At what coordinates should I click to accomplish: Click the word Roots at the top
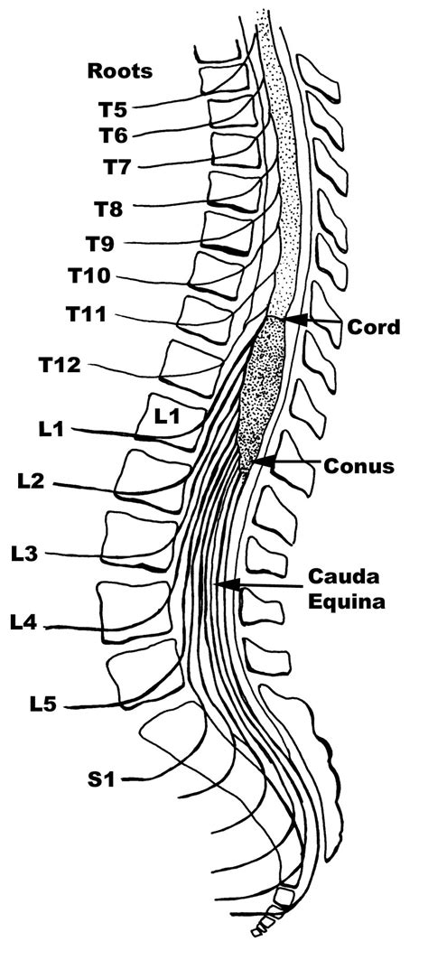pos(119,70)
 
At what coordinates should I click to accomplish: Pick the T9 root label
pos(101,243)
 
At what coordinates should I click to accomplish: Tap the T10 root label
pos(88,275)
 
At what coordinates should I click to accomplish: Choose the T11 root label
pos(86,316)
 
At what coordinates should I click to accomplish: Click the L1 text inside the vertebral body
pos(168,417)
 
